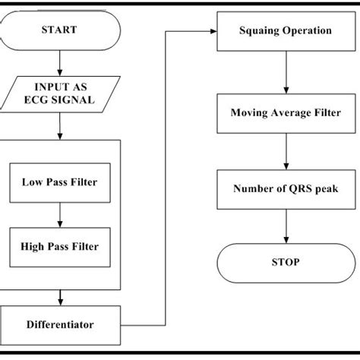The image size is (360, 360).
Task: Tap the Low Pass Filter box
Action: coord(59,182)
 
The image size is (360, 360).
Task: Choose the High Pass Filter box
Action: coord(59,246)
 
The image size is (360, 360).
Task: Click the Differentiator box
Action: coord(58,324)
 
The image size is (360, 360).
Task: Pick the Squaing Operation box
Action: coord(286,32)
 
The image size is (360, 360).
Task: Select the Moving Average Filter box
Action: coord(286,113)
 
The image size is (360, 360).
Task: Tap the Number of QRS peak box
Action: coord(286,188)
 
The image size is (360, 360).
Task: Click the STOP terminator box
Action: coord(286,262)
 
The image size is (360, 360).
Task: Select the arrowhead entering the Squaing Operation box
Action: coord(213,32)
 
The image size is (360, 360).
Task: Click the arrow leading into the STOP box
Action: coord(286,226)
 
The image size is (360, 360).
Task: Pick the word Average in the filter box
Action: coord(287,113)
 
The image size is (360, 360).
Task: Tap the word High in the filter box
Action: coord(34,246)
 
